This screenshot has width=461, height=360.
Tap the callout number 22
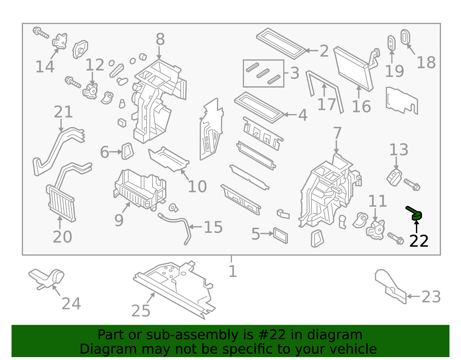pos(419,241)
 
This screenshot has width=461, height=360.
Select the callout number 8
pos(160,39)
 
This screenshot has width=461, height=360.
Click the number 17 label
pos(326,105)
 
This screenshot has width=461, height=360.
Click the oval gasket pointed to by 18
pos(405,37)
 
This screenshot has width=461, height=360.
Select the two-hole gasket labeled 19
pos(391,43)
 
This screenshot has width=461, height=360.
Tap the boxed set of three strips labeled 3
pos(263,73)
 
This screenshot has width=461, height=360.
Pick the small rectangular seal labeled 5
pos(280,235)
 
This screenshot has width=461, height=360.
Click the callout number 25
pos(141,311)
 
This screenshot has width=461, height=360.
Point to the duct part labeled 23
pos(390,287)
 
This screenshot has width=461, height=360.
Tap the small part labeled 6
pos(127,151)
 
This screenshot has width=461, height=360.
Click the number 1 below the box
pos(233,271)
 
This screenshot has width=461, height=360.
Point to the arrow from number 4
pos(290,114)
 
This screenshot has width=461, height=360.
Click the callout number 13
pos(399,150)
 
